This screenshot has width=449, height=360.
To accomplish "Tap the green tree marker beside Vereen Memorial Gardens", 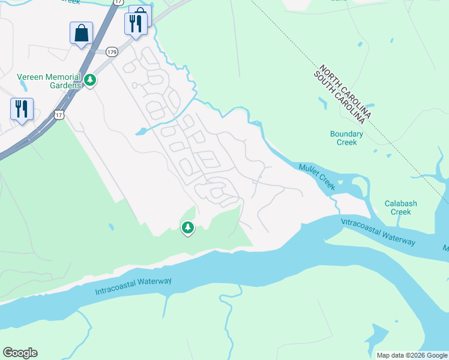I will click(x=90, y=79).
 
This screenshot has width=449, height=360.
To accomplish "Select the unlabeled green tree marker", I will click(x=188, y=227).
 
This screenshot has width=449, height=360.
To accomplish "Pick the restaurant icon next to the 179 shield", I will click(x=135, y=25).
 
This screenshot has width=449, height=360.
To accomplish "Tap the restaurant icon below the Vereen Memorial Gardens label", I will click(x=22, y=109).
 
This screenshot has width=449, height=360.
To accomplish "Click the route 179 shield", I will click(x=111, y=52).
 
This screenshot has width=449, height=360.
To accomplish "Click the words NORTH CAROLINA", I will click(x=346, y=91).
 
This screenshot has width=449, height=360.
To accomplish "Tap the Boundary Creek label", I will click(x=346, y=138).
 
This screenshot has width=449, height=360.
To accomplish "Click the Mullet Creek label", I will click(x=316, y=176).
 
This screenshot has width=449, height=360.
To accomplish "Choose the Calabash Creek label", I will click(x=400, y=208).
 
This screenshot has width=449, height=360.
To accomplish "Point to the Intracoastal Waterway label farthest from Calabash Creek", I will click(x=133, y=287).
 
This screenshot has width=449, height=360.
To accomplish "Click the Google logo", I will click(x=20, y=353).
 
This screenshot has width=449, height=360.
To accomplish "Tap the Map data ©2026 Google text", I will click(x=411, y=355).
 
